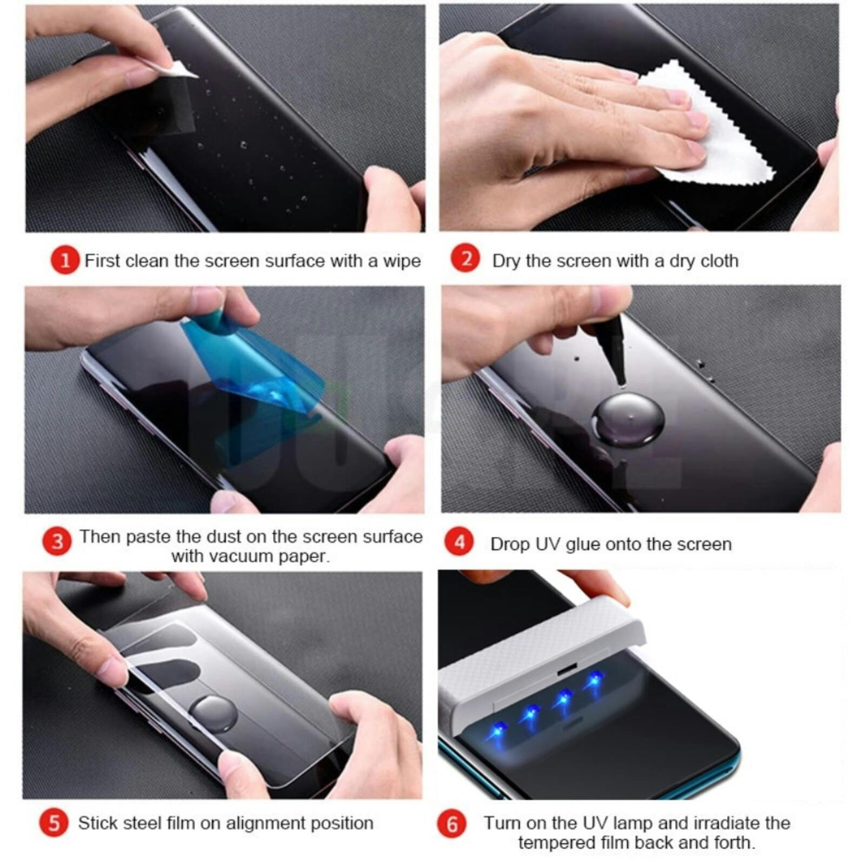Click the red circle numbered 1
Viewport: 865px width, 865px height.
[65, 261]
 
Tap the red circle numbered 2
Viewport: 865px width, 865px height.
[465, 258]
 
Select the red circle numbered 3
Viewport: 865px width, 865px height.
[57, 542]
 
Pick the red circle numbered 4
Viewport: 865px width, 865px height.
[459, 542]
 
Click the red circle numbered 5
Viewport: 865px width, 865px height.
[54, 823]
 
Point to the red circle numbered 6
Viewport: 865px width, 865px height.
[452, 824]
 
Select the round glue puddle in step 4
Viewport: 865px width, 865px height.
[627, 419]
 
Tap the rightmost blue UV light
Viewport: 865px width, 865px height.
[595, 678]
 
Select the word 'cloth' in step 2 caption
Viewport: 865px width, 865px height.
[718, 261]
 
